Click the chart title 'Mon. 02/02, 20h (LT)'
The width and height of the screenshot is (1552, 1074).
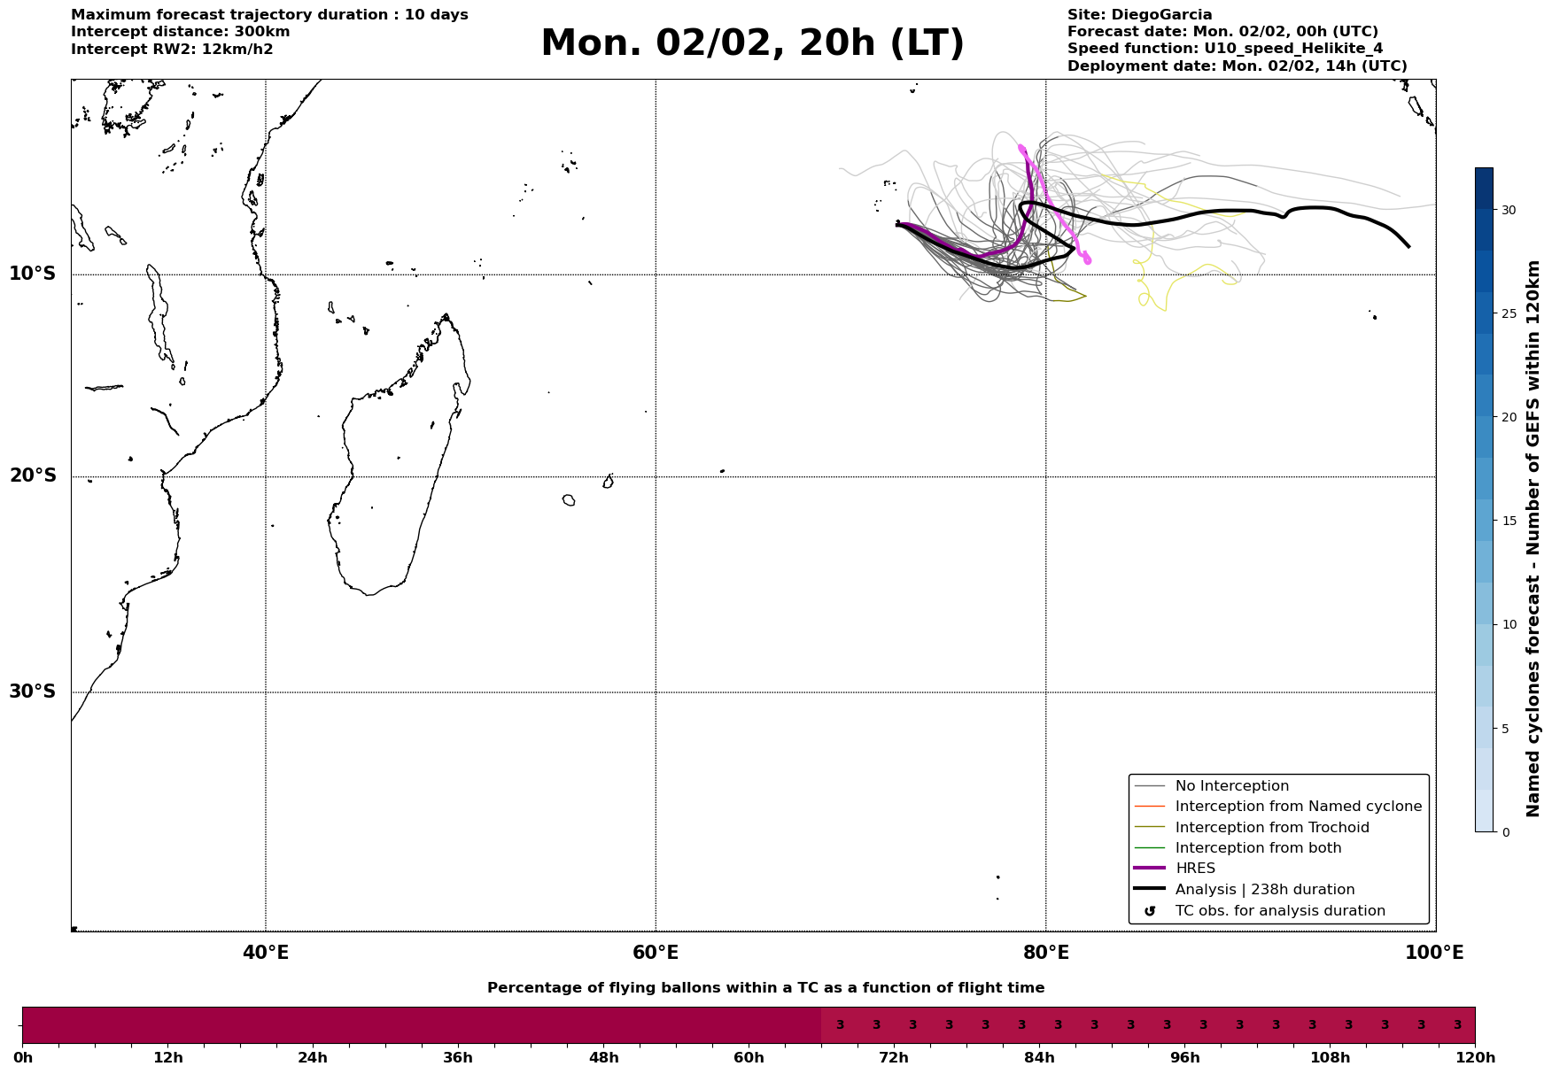(x=752, y=43)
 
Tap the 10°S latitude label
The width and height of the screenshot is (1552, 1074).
(x=33, y=274)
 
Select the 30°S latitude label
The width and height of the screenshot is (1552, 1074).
(x=33, y=692)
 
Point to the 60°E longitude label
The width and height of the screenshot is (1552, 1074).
(x=656, y=954)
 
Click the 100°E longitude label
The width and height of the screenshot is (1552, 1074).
(x=1435, y=954)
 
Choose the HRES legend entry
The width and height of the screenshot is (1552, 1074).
(x=1195, y=869)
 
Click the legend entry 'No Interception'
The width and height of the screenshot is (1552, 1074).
(x=1231, y=786)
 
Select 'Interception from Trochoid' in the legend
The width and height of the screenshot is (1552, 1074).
(x=1271, y=828)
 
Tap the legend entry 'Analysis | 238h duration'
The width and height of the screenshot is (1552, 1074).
(x=1264, y=890)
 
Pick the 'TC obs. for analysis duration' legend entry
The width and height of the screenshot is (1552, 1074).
(x=1279, y=911)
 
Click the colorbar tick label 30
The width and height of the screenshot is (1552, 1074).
(x=1508, y=210)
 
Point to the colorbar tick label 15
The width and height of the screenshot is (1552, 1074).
(x=1508, y=521)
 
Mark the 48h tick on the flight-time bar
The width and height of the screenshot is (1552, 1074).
(x=604, y=1058)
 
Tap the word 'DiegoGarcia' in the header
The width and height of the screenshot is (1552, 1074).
(x=1161, y=15)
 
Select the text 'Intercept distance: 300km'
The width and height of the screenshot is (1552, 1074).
(x=181, y=32)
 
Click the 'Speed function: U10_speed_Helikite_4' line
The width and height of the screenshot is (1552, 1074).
(x=1225, y=49)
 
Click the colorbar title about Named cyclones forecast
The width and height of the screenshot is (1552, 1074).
(x=1533, y=538)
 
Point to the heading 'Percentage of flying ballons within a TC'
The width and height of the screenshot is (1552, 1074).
(x=765, y=988)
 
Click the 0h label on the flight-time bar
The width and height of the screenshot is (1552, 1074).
(x=23, y=1058)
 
